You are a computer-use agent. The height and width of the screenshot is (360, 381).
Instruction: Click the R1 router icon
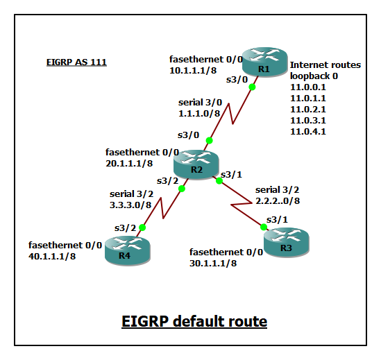(263, 63)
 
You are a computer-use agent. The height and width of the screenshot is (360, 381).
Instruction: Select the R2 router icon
(196, 164)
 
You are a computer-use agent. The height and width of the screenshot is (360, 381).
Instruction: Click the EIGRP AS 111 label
(76, 62)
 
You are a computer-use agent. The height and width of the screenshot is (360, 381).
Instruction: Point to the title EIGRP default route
(194, 321)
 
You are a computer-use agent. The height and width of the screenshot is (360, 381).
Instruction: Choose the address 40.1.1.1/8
(52, 256)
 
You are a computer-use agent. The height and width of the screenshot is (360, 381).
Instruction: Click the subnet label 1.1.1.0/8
(199, 113)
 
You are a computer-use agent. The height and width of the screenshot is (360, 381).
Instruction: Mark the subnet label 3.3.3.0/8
(132, 205)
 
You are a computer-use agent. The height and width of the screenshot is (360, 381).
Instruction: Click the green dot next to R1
(252, 87)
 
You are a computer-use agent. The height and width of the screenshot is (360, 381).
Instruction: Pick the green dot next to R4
(143, 227)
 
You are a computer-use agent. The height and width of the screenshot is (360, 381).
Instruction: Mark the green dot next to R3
(264, 227)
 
